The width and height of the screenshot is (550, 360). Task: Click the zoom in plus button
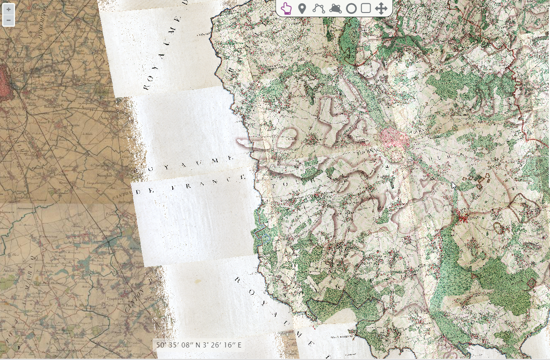(x=8, y=10)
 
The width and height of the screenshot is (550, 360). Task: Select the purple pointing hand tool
(x=286, y=8)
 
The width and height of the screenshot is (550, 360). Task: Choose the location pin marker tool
(x=302, y=8)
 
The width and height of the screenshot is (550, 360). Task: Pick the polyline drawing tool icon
(x=319, y=8)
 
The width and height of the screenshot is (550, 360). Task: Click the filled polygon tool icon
(x=335, y=8)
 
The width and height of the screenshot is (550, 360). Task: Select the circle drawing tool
(x=351, y=8)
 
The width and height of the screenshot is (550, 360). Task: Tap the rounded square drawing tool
(x=366, y=8)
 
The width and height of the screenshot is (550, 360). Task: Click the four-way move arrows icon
(x=381, y=8)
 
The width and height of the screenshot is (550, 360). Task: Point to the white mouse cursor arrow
(x=454, y=185)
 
